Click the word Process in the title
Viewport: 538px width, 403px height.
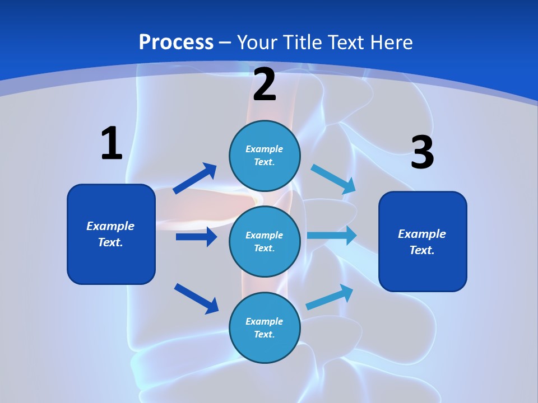pyautogui.click(x=176, y=42)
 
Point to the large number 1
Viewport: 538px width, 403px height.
pyautogui.click(x=112, y=143)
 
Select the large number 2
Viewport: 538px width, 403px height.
pyautogui.click(x=265, y=85)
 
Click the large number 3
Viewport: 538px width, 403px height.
pyautogui.click(x=423, y=153)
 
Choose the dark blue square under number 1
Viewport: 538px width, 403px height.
pyautogui.click(x=111, y=234)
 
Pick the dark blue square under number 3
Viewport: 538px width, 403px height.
pyautogui.click(x=423, y=241)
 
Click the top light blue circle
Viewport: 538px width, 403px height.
pyautogui.click(x=265, y=156)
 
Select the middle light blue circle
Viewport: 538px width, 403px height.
pyautogui.click(x=265, y=241)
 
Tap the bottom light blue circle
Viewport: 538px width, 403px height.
pyautogui.click(x=265, y=327)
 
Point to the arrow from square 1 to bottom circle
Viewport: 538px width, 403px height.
pyautogui.click(x=196, y=298)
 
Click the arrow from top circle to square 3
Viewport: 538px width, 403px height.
pyautogui.click(x=333, y=179)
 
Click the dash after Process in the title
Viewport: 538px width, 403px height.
pyautogui.click(x=225, y=43)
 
